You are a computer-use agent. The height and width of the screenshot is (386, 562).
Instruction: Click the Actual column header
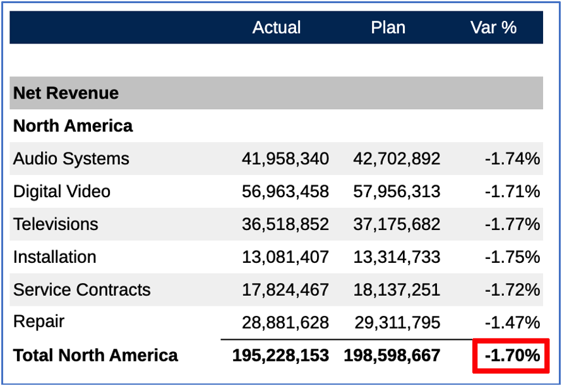277,28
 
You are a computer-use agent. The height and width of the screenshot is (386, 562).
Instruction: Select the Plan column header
388,28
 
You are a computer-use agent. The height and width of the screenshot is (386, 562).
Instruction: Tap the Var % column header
493,28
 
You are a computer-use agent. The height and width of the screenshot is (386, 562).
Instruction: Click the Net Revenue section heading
66,93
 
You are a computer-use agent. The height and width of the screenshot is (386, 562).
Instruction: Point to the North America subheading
73,126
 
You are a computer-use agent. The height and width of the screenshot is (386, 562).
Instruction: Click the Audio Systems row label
71,159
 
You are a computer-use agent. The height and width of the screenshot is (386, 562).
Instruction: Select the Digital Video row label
62,191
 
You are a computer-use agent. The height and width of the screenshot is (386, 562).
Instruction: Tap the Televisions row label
56,224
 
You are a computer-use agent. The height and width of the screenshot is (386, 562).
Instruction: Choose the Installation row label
55,257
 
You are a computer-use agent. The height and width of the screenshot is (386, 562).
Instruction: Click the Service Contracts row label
82,290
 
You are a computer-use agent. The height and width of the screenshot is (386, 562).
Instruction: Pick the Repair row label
39,322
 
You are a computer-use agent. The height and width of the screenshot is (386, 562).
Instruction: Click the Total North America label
96,355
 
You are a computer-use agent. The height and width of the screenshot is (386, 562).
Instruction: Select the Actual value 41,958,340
285,159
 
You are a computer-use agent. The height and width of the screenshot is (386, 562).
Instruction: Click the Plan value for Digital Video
397,191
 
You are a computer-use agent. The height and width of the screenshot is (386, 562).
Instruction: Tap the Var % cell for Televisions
512,224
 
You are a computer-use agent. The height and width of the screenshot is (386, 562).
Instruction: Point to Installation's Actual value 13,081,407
285,257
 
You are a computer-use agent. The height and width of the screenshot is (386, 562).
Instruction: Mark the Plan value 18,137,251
397,290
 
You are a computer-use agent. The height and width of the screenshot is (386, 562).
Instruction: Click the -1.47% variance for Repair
512,323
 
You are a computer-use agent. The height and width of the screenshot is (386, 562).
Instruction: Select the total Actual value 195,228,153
280,356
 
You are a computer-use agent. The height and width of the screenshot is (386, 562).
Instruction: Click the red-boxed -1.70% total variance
511,356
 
